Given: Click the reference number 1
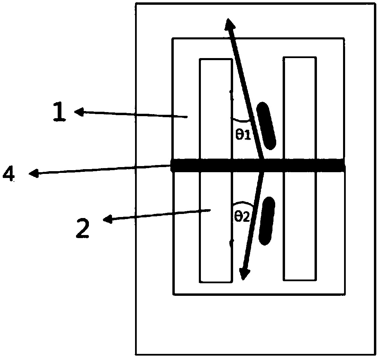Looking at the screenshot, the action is [59, 113].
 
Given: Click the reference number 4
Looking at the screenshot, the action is [8, 175].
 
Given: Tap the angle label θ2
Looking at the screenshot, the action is [242, 216].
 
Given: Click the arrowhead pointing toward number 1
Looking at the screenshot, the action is [79, 112].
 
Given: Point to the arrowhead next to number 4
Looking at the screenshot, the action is [33, 174].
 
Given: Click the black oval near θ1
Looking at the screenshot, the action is [266, 126].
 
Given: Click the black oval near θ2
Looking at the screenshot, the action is [267, 221].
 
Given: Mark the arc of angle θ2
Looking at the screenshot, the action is [243, 204].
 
